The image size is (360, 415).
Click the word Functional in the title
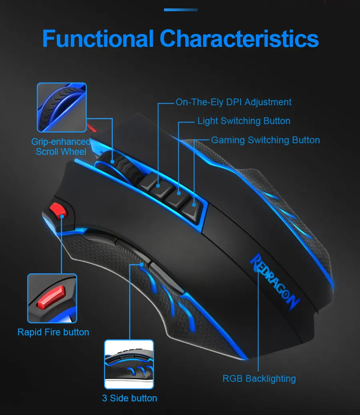[98, 39]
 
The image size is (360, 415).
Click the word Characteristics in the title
[239, 39]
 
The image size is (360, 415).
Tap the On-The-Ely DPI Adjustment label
[234, 102]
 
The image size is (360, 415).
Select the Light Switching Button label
[244, 121]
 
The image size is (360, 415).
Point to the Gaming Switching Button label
[265, 140]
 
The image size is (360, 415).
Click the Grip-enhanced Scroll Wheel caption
[61, 146]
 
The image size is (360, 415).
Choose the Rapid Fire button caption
[53, 332]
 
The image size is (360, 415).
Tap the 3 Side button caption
[130, 398]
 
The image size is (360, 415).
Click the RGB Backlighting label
[259, 379]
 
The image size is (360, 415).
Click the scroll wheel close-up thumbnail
[62, 107]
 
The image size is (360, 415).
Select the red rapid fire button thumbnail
[52, 298]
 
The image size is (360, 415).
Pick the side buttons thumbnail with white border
[129, 364]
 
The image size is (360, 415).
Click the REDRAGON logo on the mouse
[274, 280]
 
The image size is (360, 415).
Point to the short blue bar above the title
[181, 10]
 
